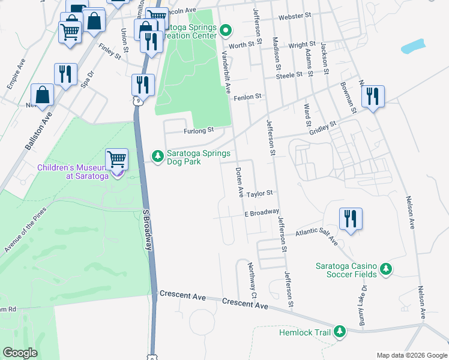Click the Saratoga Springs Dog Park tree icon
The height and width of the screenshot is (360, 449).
pos(158,156)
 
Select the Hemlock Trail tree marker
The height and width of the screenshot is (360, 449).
pos(340,332)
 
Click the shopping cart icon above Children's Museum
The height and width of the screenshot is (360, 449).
pos(117,160)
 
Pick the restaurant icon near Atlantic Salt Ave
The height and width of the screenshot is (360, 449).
pos(351,218)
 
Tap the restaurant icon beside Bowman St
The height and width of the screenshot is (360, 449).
pos(373,96)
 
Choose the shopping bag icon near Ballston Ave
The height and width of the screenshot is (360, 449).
pos(43,95)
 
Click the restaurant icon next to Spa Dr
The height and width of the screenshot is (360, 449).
pos(65,74)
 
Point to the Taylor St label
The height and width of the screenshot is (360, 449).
pos(259,193)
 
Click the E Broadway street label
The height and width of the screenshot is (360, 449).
pos(261,212)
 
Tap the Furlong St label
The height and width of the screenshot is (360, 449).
pos(199,130)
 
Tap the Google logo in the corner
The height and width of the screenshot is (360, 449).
pos(20,353)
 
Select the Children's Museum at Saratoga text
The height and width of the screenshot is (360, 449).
pos(73,171)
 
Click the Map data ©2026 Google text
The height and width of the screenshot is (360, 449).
pos(411,355)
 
